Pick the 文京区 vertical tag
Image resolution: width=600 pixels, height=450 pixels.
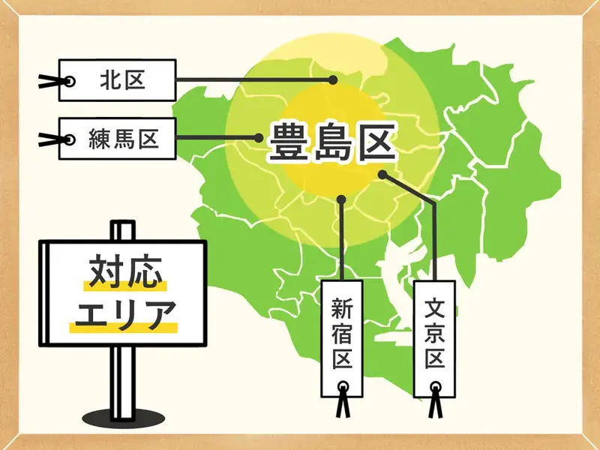coord(436,334)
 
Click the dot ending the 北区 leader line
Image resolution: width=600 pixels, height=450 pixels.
coord(333,79)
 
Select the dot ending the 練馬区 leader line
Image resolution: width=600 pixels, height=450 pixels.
coord(258,139)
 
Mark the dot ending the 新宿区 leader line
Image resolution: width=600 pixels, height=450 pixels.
coord(342,199)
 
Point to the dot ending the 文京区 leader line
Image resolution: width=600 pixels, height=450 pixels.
coord(382,175)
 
